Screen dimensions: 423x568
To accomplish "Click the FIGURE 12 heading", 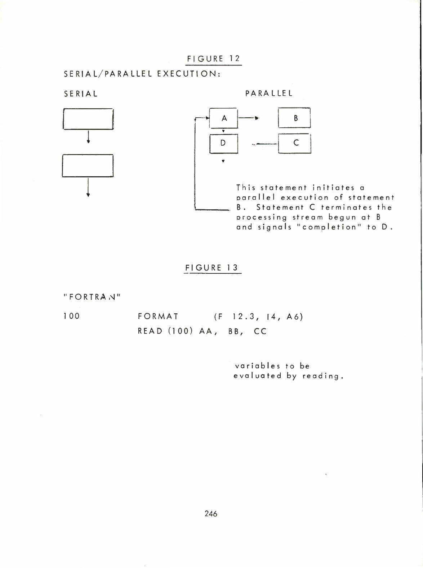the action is (213, 58).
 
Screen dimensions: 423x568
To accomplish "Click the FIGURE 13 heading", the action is (212, 268).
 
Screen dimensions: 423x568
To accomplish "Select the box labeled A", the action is (224, 118).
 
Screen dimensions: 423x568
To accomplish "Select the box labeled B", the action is (294, 118).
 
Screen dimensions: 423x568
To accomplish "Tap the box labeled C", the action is (295, 143).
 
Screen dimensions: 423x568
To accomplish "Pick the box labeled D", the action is (223, 143).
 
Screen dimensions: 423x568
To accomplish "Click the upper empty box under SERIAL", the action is (88, 119).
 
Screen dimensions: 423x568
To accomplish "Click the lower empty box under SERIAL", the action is (88, 165).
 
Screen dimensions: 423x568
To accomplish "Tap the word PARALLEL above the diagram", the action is (269, 93).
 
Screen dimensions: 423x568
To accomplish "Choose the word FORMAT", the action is (158, 317).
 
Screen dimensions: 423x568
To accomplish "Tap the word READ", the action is (151, 331).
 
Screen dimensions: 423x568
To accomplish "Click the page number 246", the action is (211, 514).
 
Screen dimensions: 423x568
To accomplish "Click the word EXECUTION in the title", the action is (188, 74).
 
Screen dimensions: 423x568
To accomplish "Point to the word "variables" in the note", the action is (257, 366).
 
